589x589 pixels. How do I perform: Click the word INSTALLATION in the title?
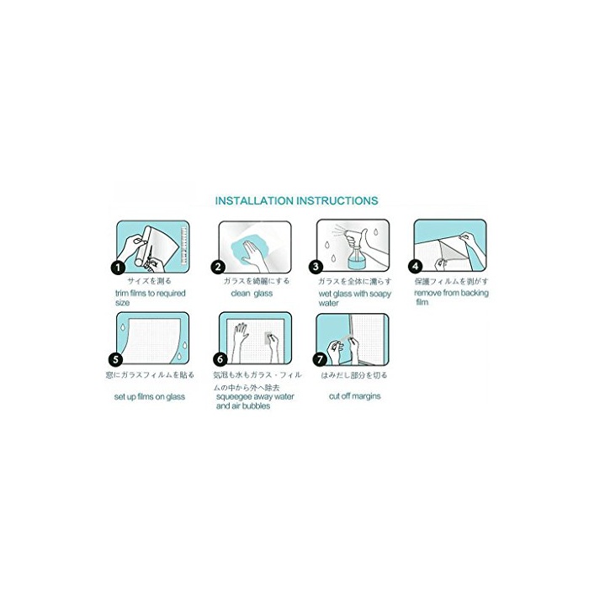[254, 201]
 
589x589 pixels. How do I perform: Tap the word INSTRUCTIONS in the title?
[337, 201]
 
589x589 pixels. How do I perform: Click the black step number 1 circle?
[118, 268]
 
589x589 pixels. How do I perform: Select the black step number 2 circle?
[218, 267]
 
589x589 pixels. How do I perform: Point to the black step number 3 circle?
[316, 267]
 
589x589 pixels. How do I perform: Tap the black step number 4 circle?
[415, 267]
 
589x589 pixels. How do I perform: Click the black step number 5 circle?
[116, 359]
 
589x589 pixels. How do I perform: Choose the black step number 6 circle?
[220, 359]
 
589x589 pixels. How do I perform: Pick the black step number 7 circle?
[320, 359]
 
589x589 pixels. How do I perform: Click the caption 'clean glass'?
[252, 294]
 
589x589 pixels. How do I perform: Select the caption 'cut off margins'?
[354, 396]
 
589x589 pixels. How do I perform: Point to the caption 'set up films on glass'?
[150, 396]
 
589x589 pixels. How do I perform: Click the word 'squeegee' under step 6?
[235, 397]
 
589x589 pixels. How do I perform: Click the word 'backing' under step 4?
[475, 293]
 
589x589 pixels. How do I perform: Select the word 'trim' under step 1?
[122, 294]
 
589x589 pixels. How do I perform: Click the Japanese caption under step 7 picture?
[354, 375]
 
